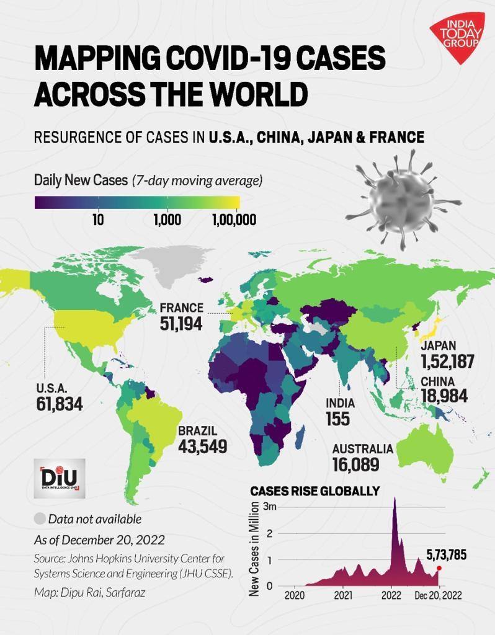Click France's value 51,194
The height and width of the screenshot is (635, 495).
tap(181, 323)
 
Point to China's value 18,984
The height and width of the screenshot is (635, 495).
tap(444, 396)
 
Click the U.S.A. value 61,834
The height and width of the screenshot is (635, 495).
tap(59, 404)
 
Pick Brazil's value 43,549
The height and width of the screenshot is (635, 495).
tap(202, 446)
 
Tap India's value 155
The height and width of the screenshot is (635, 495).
tap(337, 419)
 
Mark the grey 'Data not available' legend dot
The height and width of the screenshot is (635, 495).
tap(40, 519)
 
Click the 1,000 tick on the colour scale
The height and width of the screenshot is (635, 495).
tap(167, 220)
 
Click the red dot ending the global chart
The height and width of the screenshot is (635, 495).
tap(439, 568)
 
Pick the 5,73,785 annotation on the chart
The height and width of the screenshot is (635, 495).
tap(445, 555)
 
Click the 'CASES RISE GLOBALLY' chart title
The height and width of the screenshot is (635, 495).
tap(314, 491)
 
